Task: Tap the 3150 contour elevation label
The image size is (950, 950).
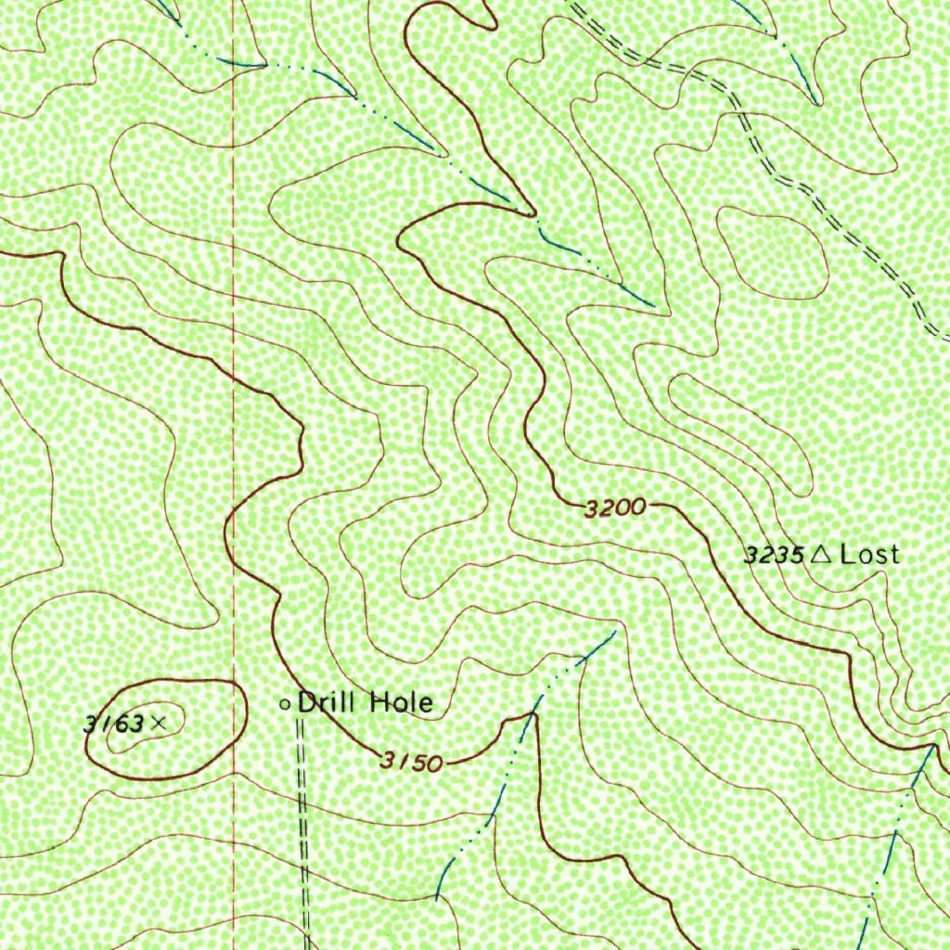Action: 409,762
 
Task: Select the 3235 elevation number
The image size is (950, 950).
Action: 773,555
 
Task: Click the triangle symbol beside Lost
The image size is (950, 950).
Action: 820,554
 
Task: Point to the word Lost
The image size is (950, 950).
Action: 869,554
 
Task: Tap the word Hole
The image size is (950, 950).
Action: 401,702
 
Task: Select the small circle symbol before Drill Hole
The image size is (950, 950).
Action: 285,704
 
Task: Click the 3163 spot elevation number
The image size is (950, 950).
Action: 113,723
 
